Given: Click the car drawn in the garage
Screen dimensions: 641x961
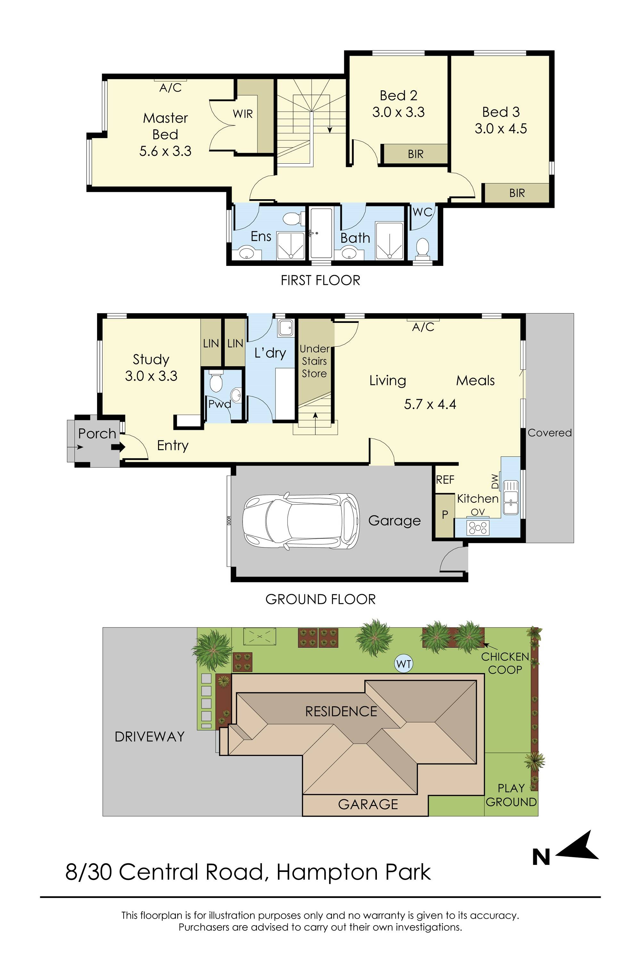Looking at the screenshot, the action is [x=301, y=520].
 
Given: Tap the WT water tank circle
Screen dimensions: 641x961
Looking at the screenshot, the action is [x=404, y=664].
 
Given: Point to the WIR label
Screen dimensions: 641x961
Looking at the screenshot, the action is [x=243, y=114].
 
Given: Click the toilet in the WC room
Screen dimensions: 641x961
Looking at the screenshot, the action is [x=422, y=249].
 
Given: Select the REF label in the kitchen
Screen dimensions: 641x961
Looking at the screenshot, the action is [x=445, y=479].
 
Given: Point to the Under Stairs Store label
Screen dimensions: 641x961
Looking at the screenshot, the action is [x=314, y=361].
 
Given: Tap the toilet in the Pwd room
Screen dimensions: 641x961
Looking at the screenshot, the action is [x=215, y=381].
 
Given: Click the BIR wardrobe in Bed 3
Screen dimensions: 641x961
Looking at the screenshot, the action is [x=517, y=193].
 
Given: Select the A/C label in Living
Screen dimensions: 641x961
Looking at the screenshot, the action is [x=423, y=327].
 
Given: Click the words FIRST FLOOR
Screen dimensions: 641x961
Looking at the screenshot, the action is [x=320, y=280].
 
